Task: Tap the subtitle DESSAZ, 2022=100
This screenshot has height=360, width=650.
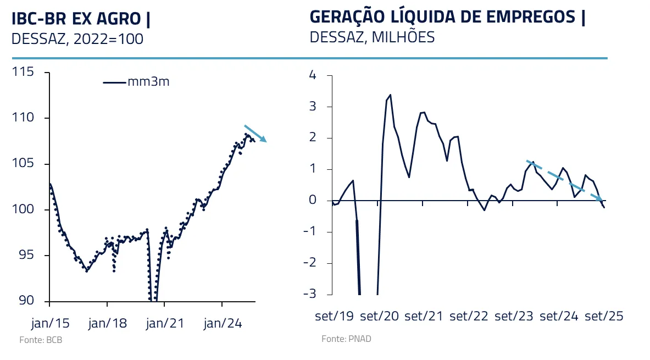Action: click(x=77, y=39)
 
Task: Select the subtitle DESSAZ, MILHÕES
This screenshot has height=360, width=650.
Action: click(x=372, y=37)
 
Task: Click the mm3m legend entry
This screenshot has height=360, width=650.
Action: click(x=137, y=82)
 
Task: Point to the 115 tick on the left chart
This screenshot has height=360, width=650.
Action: click(x=25, y=72)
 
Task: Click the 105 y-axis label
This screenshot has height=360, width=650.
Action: click(x=25, y=164)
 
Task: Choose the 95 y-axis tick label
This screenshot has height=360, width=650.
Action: click(x=28, y=256)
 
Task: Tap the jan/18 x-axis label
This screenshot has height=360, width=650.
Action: click(x=107, y=323)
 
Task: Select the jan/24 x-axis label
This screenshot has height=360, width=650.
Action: click(x=223, y=323)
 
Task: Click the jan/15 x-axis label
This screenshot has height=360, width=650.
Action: click(x=49, y=323)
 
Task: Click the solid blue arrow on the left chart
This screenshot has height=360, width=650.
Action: click(x=255, y=134)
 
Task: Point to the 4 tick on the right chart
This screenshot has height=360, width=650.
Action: click(x=313, y=75)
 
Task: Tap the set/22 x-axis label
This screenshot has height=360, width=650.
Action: click(x=468, y=317)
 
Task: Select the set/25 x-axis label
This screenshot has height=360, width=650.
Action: click(x=603, y=317)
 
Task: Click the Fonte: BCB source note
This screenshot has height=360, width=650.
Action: click(x=41, y=340)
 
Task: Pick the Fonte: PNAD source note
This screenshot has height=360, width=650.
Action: click(x=346, y=339)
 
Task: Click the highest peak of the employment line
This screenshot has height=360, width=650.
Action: click(x=390, y=95)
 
